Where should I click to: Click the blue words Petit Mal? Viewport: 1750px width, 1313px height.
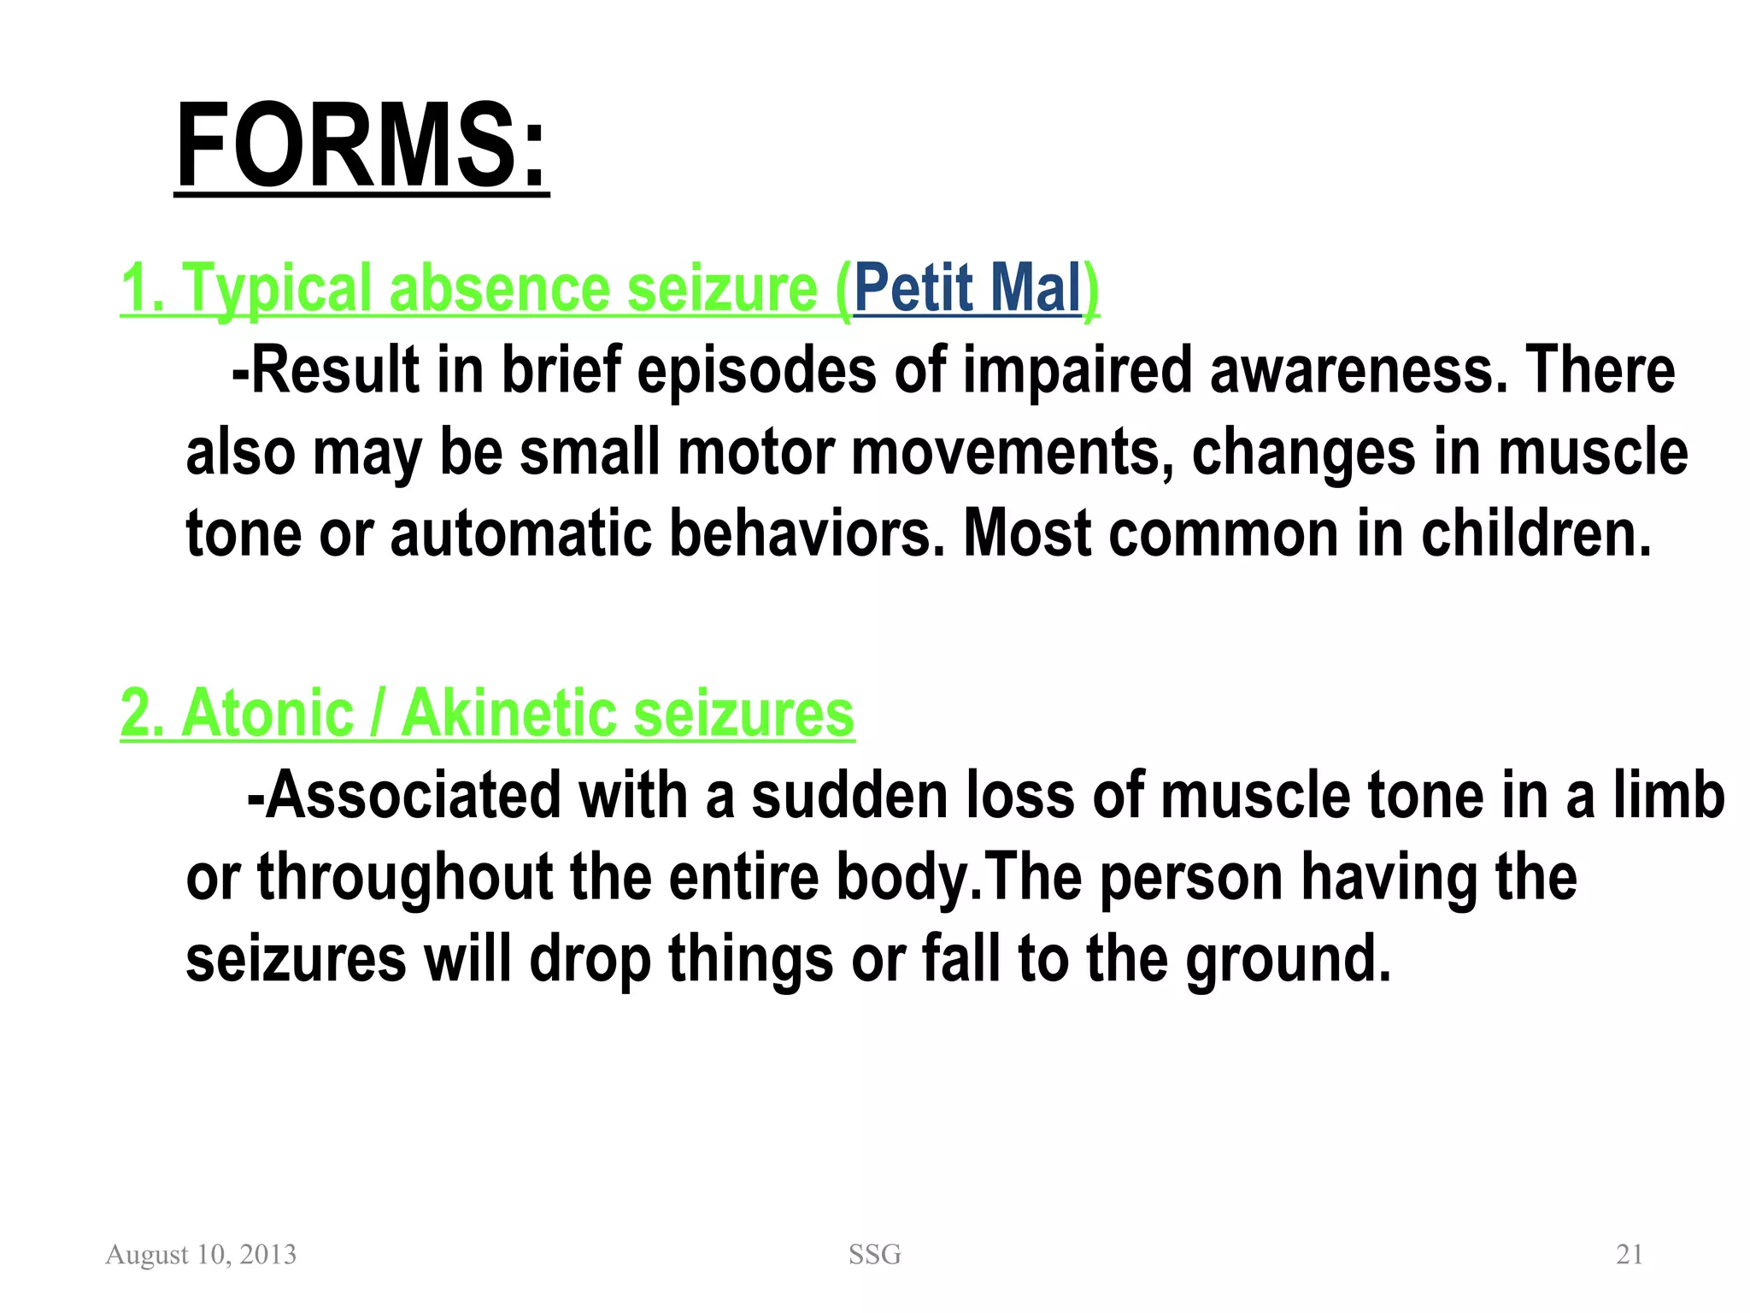[x=967, y=288]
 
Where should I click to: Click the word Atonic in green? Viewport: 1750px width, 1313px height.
[x=267, y=713]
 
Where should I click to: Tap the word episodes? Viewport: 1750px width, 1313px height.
[x=756, y=370]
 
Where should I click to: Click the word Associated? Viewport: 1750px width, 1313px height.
[x=412, y=795]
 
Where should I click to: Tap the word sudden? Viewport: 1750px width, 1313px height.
[x=849, y=795]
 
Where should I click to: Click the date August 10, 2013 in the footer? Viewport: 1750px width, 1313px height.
[x=201, y=1254]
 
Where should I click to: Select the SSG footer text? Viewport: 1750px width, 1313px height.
[x=874, y=1254]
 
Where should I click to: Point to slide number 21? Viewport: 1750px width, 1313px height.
[x=1629, y=1254]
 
